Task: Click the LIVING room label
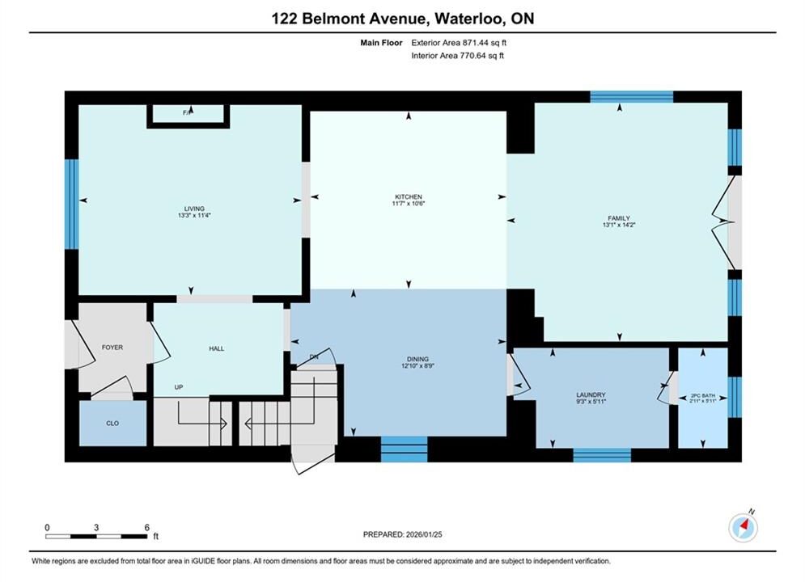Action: tap(194, 209)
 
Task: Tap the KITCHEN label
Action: tap(408, 197)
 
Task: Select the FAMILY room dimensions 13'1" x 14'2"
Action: tap(619, 225)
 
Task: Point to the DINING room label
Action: tap(417, 359)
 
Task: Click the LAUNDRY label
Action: tap(591, 394)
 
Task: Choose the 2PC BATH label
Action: tap(702, 396)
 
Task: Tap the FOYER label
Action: tap(112, 347)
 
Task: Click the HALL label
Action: tap(216, 348)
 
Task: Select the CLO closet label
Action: tap(112, 423)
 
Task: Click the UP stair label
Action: tap(179, 387)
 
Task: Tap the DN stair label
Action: tap(314, 357)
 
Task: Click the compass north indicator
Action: tap(743, 526)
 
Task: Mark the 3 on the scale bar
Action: tap(96, 527)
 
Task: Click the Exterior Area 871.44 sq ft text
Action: tap(459, 43)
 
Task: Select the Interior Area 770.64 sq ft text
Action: tap(457, 56)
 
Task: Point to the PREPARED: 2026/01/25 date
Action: tap(403, 534)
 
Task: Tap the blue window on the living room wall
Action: tap(71, 204)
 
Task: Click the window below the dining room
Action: tap(404, 449)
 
